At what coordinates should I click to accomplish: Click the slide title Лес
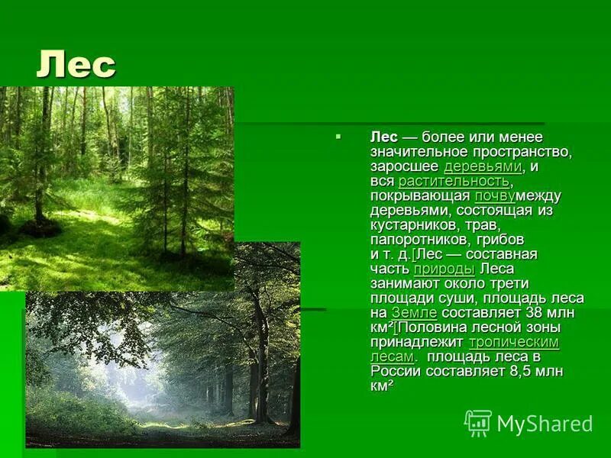pyautogui.click(x=76, y=65)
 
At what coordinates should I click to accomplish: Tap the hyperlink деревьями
pyautogui.click(x=483, y=166)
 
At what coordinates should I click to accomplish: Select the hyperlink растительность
pyautogui.click(x=454, y=181)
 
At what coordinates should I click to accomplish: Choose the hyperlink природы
pyautogui.click(x=444, y=269)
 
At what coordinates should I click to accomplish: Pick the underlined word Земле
pyautogui.click(x=414, y=313)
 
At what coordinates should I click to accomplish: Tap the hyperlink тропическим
pyautogui.click(x=513, y=342)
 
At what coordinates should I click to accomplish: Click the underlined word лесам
pyautogui.click(x=393, y=356)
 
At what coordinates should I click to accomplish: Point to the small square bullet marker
pyautogui.click(x=338, y=136)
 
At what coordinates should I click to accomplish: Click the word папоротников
pyautogui.click(x=417, y=240)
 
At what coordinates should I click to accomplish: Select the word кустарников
pyautogui.click(x=415, y=225)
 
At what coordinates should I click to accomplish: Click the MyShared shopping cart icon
pyautogui.click(x=478, y=422)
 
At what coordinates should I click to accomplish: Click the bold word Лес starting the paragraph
pyautogui.click(x=384, y=137)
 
